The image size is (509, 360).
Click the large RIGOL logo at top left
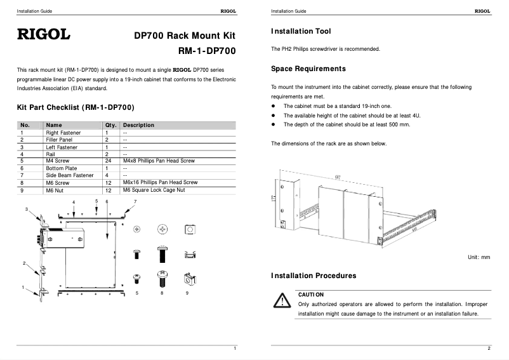(43, 34)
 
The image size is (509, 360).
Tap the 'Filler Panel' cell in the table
(59, 139)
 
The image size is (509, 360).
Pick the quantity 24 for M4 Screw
(108, 161)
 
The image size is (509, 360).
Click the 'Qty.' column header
(110, 125)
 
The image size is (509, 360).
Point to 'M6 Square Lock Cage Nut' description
(154, 189)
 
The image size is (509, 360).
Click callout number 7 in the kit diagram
(135, 201)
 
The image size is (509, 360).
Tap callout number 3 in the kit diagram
(26, 209)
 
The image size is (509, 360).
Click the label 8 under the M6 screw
(162, 294)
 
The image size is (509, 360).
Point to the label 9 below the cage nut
(187, 294)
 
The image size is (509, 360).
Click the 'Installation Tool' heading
(301, 31)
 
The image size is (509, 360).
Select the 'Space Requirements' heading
(308, 69)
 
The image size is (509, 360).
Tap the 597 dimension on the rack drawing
(337, 177)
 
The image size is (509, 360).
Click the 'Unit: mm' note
(479, 257)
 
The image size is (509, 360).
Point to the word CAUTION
(311, 295)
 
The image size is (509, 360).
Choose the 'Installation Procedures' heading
(314, 276)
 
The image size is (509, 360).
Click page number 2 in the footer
(489, 349)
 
